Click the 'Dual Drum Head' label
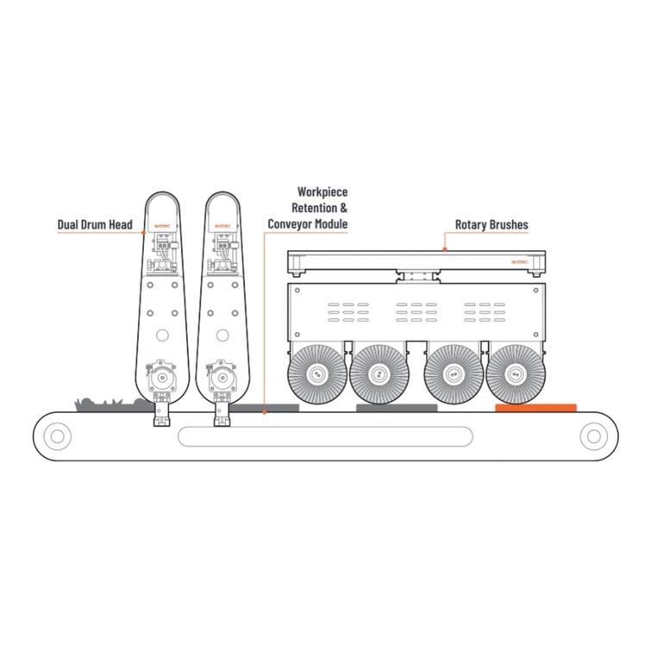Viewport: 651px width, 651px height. (94, 226)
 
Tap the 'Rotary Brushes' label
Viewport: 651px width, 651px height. (491, 225)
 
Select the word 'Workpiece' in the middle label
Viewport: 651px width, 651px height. (322, 191)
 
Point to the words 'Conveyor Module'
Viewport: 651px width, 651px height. (308, 224)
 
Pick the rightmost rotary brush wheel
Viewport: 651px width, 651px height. (516, 373)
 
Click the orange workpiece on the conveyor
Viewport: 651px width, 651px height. (535, 406)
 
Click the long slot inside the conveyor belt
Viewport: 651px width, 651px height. (325, 436)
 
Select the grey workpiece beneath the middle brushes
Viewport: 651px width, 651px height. (397, 407)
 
